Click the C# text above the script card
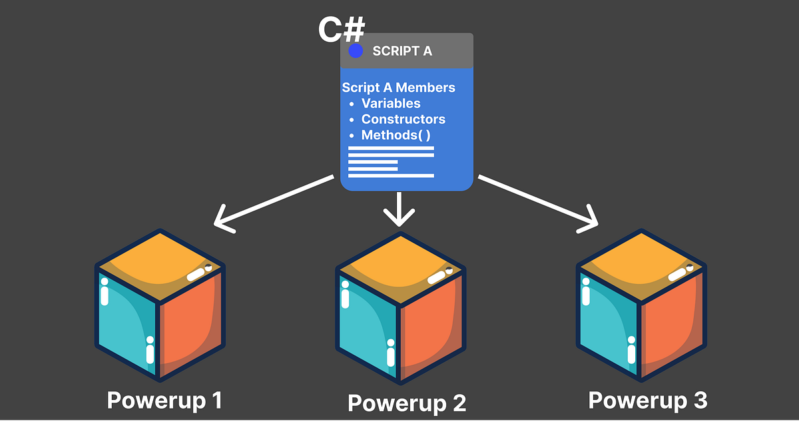(342, 31)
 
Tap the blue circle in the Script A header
(356, 51)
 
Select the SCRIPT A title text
(402, 51)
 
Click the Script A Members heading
(398, 87)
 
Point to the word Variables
(391, 103)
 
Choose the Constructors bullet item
(403, 119)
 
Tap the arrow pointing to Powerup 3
(539, 203)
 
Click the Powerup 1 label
(164, 400)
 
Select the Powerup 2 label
(407, 403)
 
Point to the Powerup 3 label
(648, 400)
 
